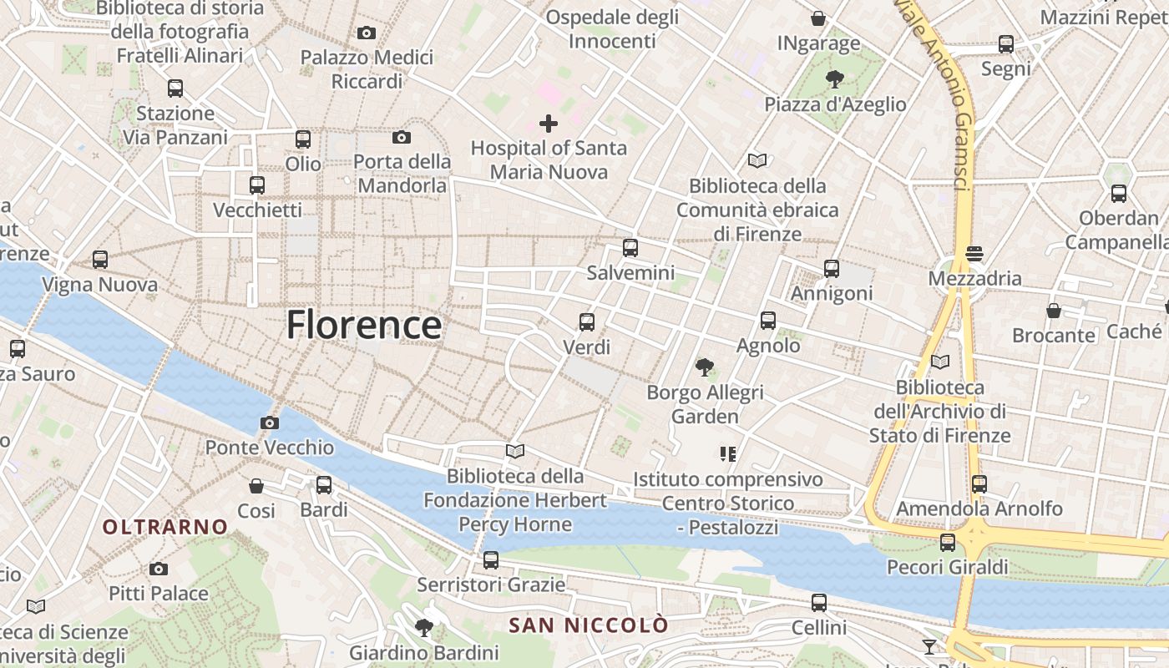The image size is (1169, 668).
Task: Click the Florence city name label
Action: (364, 325)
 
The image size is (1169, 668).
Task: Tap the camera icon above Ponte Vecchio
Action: (269, 423)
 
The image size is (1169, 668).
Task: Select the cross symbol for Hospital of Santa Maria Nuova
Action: (549, 124)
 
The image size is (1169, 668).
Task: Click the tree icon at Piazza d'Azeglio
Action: (834, 79)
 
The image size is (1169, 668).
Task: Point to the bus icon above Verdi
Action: (587, 321)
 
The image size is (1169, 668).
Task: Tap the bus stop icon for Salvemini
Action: (630, 248)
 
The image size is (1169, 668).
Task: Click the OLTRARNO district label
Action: (165, 527)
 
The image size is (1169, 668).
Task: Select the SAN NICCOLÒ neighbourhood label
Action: (590, 625)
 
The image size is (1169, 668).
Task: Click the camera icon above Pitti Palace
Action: (159, 569)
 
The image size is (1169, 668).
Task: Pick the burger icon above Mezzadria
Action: (974, 252)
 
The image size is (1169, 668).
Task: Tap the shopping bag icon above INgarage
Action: (818, 18)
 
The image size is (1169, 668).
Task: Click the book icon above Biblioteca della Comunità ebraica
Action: (757, 160)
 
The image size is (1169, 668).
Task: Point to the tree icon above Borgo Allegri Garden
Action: (705, 367)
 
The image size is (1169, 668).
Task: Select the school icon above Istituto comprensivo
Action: (727, 454)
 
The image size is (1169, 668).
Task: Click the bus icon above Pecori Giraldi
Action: (948, 543)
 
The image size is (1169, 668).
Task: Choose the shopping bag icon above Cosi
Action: (256, 485)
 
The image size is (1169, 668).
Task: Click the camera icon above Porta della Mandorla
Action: (402, 137)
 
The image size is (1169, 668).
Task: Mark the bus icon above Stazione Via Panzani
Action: (175, 88)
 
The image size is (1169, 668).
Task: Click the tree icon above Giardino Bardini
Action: (424, 627)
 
